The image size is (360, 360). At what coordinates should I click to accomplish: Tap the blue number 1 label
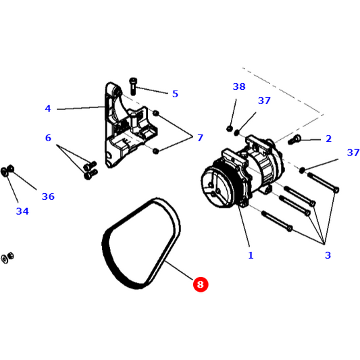click(250, 255)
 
